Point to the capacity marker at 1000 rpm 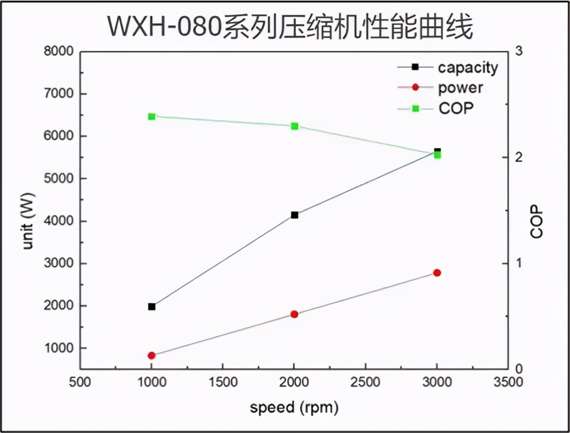pos(151,306)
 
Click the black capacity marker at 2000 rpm pos(294,215)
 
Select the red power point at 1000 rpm pos(151,355)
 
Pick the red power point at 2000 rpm pos(294,314)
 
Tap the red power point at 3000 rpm pos(437,273)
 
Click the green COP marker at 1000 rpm pos(151,117)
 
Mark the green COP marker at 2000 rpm pos(294,126)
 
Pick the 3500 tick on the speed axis pos(508,383)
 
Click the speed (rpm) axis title pos(294,408)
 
